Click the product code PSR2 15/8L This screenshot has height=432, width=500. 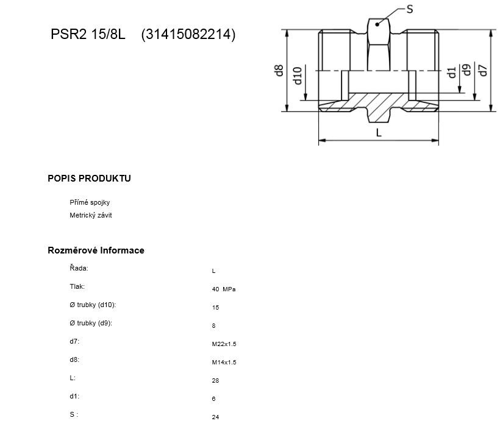pos(88,34)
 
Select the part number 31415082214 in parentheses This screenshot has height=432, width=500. pos(188,34)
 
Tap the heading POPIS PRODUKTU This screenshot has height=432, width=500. pos(89,179)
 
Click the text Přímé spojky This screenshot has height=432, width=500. pos(90,202)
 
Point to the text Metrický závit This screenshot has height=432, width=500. pos(91,215)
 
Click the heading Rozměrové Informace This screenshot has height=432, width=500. pos(96,250)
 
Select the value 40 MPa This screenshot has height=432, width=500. pos(224,289)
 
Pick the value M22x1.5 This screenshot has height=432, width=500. pos(224,344)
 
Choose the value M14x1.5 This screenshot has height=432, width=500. pos(224,362)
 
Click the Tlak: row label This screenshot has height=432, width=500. pos(77,286)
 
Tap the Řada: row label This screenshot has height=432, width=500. pos(79,268)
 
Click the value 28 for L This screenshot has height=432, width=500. pos(216,381)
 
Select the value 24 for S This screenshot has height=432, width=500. pos(216,417)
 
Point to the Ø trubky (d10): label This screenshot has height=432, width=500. pos(93,305)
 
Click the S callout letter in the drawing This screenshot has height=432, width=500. pos(410,9)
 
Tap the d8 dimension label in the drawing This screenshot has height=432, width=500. pos(279,71)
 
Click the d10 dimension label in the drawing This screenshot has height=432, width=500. pos(297,76)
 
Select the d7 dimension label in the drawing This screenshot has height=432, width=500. pos(483,71)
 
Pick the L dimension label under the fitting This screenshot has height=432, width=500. pos(379,133)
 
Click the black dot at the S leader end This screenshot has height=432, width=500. pos(377,24)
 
